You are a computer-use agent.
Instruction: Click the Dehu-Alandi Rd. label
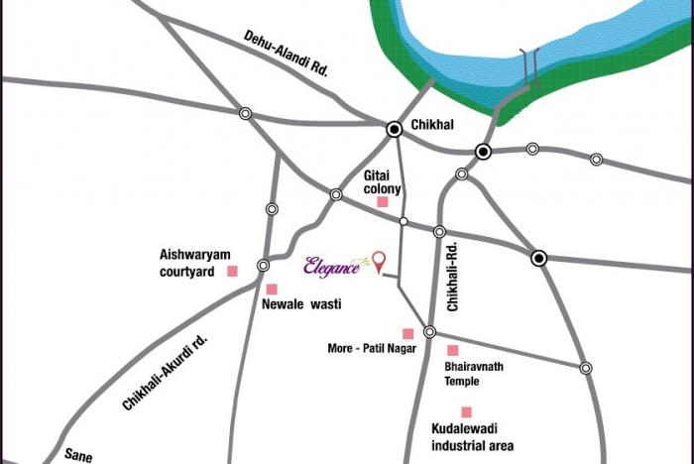(286, 55)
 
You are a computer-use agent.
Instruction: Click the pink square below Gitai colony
(382, 202)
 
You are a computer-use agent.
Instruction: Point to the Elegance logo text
(332, 265)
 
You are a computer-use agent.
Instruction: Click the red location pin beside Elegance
(377, 260)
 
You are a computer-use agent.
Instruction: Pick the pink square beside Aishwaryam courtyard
(233, 271)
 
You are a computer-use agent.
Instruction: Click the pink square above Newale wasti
(271, 289)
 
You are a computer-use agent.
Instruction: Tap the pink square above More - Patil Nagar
(406, 332)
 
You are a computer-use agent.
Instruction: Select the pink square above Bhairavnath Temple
(453, 350)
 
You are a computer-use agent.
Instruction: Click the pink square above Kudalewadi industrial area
(465, 411)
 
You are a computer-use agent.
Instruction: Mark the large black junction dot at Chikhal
(395, 127)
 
